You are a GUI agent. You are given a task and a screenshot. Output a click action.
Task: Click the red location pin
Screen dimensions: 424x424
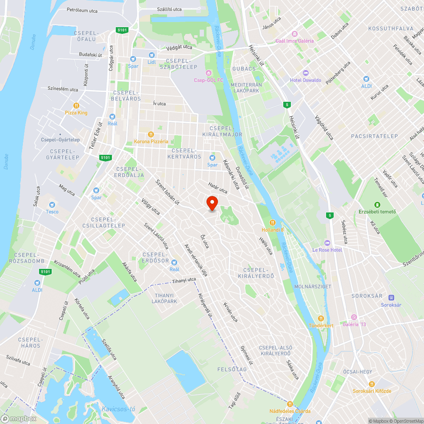pyautogui.click(x=212, y=203)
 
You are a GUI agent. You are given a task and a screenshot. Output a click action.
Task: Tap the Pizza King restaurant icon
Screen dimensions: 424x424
pyautogui.click(x=76, y=106)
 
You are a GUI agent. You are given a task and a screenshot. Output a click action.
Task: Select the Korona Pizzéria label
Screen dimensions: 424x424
pyautogui.click(x=151, y=141)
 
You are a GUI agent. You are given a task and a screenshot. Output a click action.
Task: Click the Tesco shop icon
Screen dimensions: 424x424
pyautogui.click(x=52, y=204)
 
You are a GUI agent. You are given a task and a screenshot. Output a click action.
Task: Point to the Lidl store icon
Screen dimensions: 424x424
pyautogui.click(x=152, y=55)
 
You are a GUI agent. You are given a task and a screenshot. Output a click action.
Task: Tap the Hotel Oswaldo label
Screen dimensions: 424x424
pyautogui.click(x=306, y=80)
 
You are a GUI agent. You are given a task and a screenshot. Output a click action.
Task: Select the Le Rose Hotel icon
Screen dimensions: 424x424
pyautogui.click(x=326, y=243)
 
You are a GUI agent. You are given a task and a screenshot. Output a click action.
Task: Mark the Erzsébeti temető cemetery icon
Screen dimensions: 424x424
pyautogui.click(x=377, y=205)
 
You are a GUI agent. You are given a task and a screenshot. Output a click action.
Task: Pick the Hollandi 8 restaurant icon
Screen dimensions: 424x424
pyautogui.click(x=273, y=223)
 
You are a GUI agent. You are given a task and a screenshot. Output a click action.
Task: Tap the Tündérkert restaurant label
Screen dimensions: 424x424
pyautogui.click(x=321, y=325)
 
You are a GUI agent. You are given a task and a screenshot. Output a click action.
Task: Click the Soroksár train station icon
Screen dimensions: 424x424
pyautogui.click(x=391, y=298)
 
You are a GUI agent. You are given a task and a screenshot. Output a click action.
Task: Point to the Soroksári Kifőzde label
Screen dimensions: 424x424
pyautogui.click(x=372, y=391)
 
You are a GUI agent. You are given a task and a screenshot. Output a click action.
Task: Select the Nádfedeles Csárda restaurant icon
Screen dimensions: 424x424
pyautogui.click(x=290, y=404)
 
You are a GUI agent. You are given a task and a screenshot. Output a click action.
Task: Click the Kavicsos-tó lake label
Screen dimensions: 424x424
pyautogui.click(x=118, y=409)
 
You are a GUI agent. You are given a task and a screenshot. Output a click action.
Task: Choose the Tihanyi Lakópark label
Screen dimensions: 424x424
pyautogui.click(x=165, y=298)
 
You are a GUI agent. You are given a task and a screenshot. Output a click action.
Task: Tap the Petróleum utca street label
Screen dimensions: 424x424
pyautogui.click(x=82, y=10)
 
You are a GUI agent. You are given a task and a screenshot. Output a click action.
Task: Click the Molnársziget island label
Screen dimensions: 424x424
pyautogui.click(x=312, y=287)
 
